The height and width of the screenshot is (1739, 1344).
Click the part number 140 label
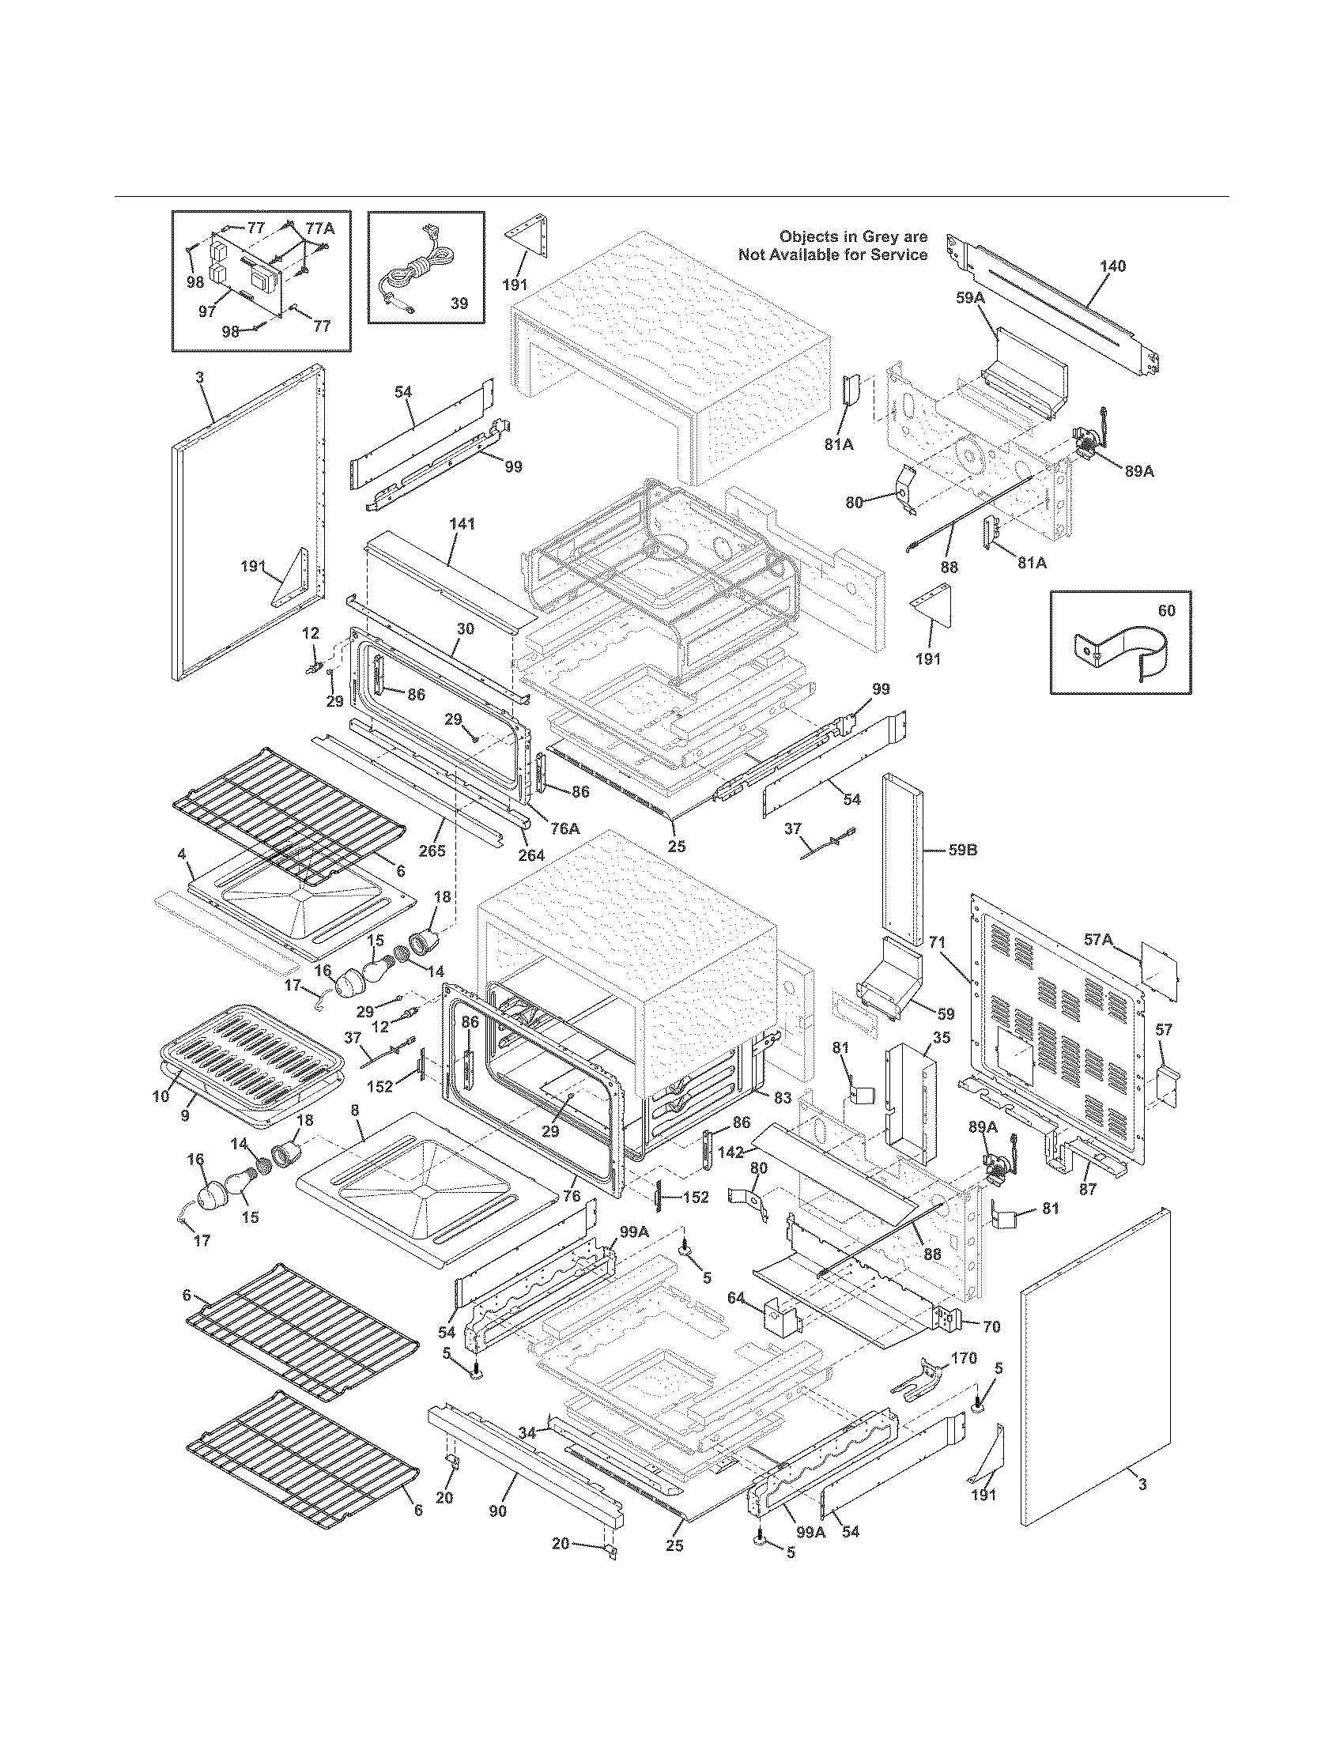coord(1112,266)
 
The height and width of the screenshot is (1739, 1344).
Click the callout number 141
coord(462,524)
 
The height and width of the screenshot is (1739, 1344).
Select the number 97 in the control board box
coord(208,311)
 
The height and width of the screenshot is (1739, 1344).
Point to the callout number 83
coord(782,1097)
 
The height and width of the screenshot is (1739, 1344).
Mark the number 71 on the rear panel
coord(937,942)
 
